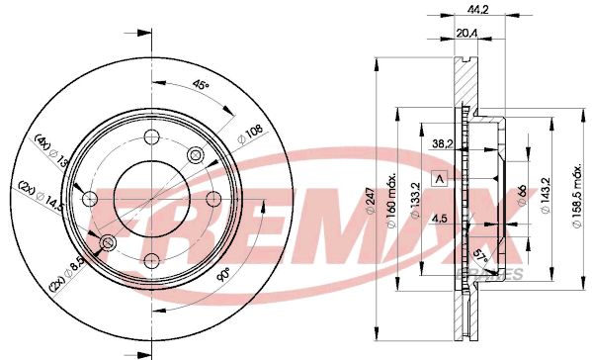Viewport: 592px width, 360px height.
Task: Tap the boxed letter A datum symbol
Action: pyautogui.click(x=440, y=178)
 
